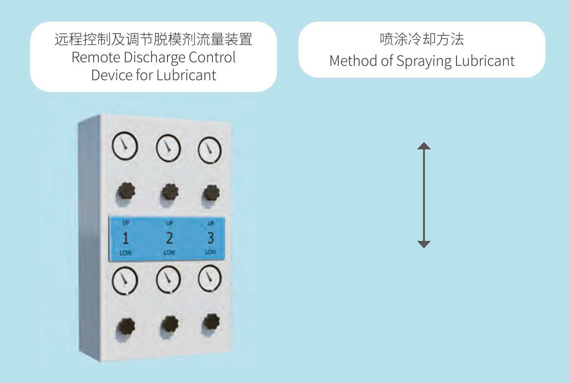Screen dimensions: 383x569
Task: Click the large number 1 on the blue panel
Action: pyautogui.click(x=125, y=238)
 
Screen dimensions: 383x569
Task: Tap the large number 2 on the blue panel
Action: pyautogui.click(x=169, y=238)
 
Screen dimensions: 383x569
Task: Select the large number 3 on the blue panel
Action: pyautogui.click(x=210, y=237)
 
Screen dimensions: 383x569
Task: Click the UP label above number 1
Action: pyautogui.click(x=125, y=223)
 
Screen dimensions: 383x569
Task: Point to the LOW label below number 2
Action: pyautogui.click(x=169, y=252)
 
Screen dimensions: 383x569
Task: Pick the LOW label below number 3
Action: pyautogui.click(x=210, y=252)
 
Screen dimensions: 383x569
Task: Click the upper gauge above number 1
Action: pyautogui.click(x=125, y=146)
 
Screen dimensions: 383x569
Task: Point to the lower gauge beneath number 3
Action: pyautogui.click(x=210, y=279)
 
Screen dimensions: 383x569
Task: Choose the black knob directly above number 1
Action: pyautogui.click(x=125, y=191)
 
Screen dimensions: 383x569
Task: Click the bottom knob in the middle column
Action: pyautogui.click(x=170, y=325)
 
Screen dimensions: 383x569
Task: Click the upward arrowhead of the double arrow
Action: pyautogui.click(x=424, y=146)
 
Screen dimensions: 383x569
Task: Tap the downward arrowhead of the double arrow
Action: pyautogui.click(x=424, y=244)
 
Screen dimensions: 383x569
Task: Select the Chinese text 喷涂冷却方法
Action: pyautogui.click(x=422, y=40)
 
